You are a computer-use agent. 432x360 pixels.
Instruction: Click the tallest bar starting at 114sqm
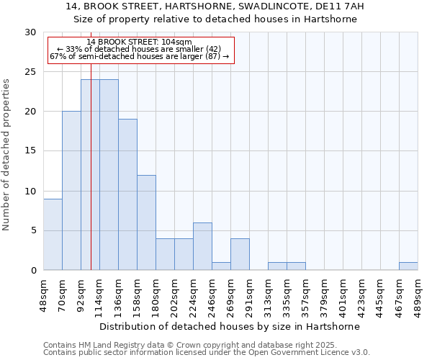(x=109, y=175)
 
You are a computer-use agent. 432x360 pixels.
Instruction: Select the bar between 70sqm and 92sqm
(x=71, y=191)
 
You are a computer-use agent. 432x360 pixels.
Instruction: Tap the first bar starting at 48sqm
(x=53, y=234)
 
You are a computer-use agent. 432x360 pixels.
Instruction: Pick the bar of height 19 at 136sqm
(x=127, y=194)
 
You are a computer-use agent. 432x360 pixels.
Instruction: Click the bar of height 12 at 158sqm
(x=146, y=222)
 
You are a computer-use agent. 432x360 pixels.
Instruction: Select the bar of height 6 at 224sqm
(x=202, y=246)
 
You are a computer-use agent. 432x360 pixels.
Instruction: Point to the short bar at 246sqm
(x=221, y=266)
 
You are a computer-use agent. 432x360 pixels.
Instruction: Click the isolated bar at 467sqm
(x=408, y=266)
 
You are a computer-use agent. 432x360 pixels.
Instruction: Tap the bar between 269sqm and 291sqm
(x=240, y=254)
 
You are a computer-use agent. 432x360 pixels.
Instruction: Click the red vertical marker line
(x=91, y=180)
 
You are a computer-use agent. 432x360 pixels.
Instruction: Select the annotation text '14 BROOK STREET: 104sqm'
(x=139, y=42)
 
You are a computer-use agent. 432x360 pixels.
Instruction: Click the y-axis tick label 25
(x=30, y=72)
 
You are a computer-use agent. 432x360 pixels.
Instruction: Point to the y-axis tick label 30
(x=30, y=32)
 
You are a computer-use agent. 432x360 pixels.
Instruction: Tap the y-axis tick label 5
(x=33, y=231)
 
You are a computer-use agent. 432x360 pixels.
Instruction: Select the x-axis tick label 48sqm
(x=43, y=294)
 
